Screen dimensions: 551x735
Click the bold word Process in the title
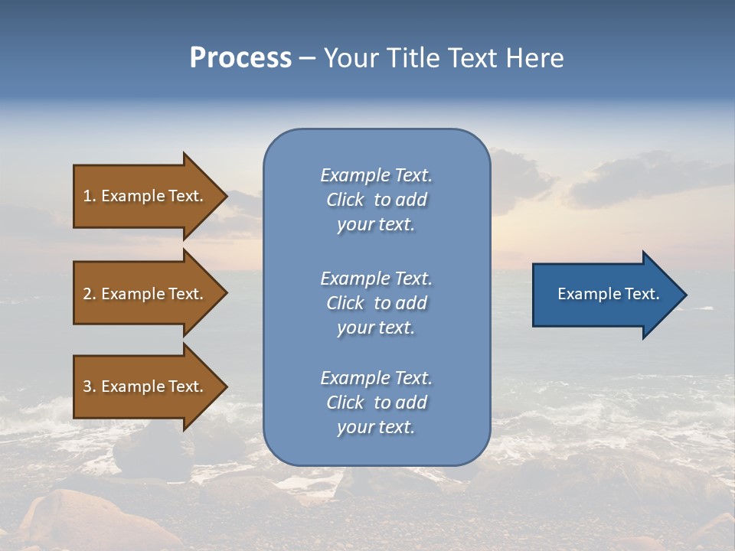pos(240,58)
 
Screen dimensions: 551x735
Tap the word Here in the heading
pos(535,58)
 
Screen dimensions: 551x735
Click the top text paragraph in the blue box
pos(376,200)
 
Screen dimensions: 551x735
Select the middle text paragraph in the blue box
pos(376,303)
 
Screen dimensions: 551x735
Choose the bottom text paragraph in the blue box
pos(376,403)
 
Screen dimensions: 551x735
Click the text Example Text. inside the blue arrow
pos(608,294)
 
